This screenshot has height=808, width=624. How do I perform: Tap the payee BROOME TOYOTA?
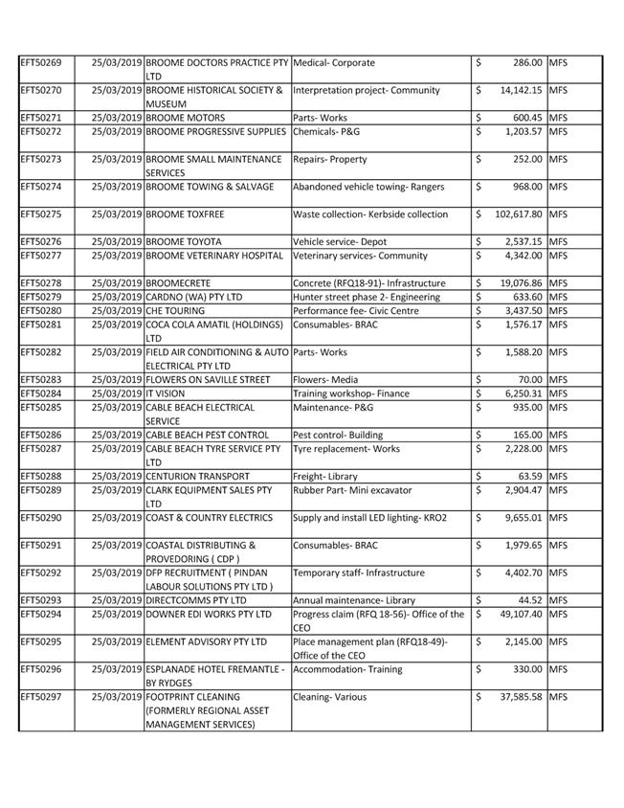pos(183,242)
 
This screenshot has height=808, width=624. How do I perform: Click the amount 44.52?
pos(528,600)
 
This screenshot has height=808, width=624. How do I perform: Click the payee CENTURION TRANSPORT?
pos(197,476)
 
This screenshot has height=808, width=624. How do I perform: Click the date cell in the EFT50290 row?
pos(117,518)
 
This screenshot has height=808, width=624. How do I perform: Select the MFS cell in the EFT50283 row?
pos(558,380)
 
